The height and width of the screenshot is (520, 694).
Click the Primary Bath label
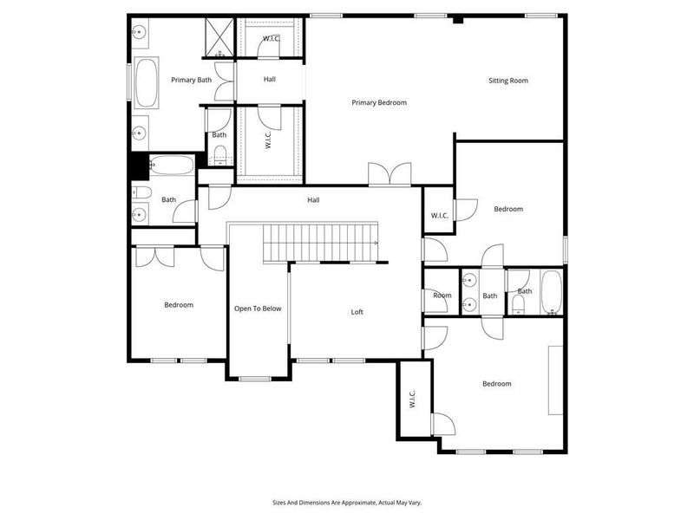tap(191, 81)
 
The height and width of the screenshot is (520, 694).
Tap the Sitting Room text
tap(507, 81)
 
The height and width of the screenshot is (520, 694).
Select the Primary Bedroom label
tap(379, 102)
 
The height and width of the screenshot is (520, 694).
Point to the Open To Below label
tap(258, 309)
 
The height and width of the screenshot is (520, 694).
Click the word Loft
tap(357, 312)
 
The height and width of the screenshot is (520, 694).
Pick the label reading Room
tap(442, 296)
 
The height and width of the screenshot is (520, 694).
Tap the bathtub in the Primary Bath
tap(146, 84)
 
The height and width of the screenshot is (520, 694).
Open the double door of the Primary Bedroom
tap(389, 175)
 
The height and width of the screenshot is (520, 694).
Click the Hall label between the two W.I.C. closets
tap(270, 80)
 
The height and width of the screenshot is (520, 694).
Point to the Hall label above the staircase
tap(313, 200)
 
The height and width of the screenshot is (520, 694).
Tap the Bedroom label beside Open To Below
tap(179, 305)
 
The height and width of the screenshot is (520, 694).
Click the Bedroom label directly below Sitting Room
tap(508, 209)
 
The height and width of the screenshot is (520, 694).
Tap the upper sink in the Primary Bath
tap(140, 33)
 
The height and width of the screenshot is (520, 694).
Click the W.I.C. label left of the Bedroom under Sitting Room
tap(438, 216)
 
